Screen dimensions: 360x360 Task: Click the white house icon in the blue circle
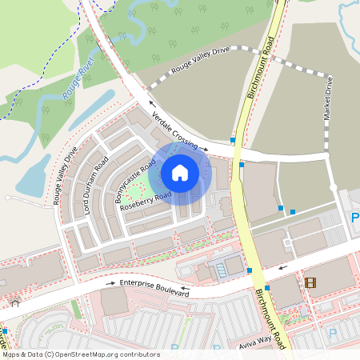click(180, 171)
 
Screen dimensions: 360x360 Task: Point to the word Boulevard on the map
click(172, 292)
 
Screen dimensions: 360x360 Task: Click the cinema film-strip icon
click(310, 282)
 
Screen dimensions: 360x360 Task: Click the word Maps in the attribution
click(11, 354)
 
